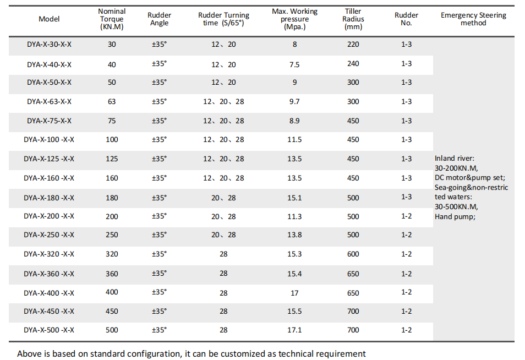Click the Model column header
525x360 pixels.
point(49,19)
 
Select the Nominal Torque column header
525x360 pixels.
point(112,19)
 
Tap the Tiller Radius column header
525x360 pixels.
point(353,19)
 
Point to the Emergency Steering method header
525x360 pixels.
point(473,19)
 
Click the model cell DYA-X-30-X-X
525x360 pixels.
point(49,45)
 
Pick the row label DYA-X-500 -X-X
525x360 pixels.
point(49,330)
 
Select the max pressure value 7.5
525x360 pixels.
point(294,64)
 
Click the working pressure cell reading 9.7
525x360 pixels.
point(294,102)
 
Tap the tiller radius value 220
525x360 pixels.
point(353,45)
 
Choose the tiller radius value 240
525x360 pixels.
point(353,64)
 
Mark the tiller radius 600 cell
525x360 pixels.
point(353,254)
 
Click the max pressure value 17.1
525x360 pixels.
point(294,330)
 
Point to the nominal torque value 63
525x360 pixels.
point(112,102)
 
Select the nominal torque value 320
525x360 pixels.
point(112,254)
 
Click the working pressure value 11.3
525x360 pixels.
point(294,217)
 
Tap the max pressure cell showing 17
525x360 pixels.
point(294,293)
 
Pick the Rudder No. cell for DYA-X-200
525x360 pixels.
point(406,216)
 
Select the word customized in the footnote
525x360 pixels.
point(243,354)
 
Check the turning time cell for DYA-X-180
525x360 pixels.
point(223,198)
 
